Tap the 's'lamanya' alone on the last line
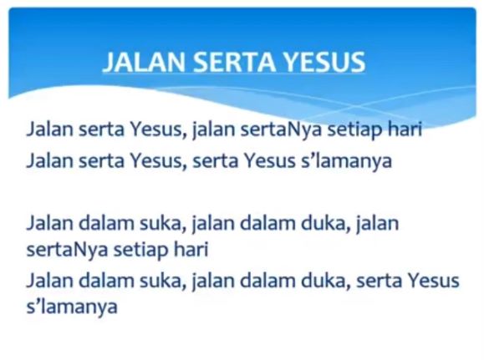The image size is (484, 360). coord(71,307)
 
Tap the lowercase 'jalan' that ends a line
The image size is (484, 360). coord(377,223)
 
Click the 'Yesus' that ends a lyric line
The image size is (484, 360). coord(432,281)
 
